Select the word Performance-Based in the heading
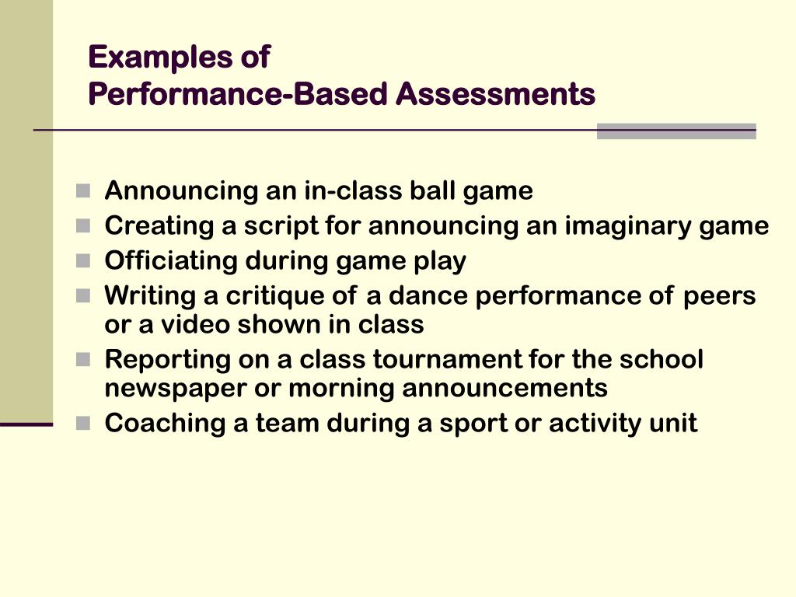238,94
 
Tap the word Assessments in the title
495,94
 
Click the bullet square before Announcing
84,190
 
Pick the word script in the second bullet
287,226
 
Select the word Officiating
171,261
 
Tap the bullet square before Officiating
84,261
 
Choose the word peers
719,296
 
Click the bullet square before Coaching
84,424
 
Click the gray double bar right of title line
676,131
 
